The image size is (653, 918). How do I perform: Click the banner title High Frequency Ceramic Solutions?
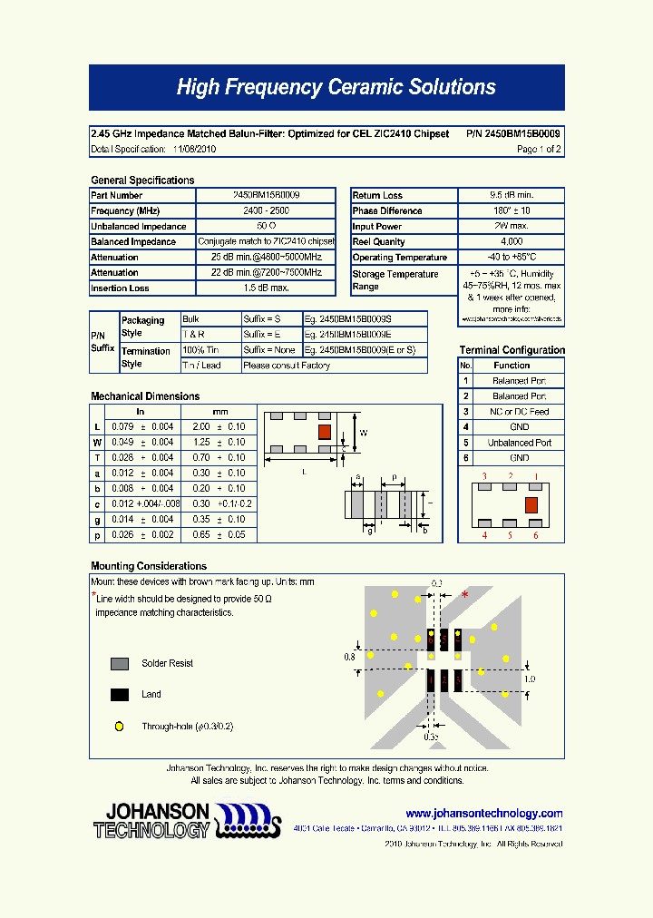click(336, 87)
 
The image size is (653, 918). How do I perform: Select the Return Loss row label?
click(378, 195)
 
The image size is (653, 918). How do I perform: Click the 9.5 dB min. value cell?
click(512, 195)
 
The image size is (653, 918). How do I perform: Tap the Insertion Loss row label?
click(121, 288)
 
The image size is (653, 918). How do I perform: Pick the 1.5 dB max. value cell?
click(266, 288)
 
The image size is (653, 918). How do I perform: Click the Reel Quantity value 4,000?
click(512, 242)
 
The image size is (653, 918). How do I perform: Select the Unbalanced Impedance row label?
click(139, 227)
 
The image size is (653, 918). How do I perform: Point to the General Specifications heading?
click(142, 181)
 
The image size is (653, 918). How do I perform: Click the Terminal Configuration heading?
click(512, 350)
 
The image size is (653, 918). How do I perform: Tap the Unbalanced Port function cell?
click(519, 443)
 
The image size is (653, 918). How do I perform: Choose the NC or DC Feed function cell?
click(519, 412)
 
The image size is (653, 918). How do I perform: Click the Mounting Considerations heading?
click(149, 566)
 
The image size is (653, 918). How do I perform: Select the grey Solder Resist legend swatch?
click(119, 664)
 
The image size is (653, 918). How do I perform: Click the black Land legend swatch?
click(119, 695)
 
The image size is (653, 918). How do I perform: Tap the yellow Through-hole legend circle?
click(119, 727)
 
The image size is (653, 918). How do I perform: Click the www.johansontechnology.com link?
click(484, 814)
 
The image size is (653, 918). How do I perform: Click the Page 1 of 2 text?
click(539, 149)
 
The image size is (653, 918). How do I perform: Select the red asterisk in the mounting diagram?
click(465, 595)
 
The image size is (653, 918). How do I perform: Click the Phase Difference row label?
click(387, 211)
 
